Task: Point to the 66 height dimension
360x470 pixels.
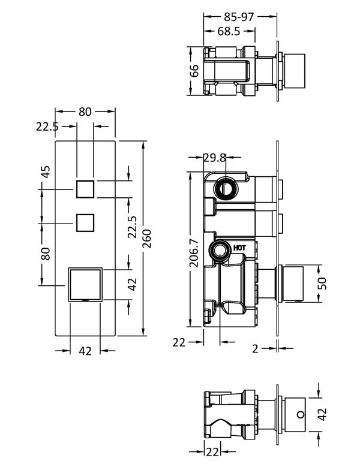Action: pyautogui.click(x=194, y=71)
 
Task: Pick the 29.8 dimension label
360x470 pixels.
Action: pyautogui.click(x=215, y=158)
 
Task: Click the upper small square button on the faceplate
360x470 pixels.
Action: pyautogui.click(x=85, y=189)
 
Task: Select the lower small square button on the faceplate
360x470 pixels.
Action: pyautogui.click(x=85, y=223)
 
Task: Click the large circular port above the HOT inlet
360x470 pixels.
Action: pyautogui.click(x=227, y=188)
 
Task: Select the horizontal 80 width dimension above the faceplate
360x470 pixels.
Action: pyautogui.click(x=85, y=112)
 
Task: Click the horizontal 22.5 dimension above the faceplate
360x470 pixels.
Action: pyautogui.click(x=47, y=126)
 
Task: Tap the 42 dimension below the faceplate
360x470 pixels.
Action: pyautogui.click(x=85, y=351)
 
